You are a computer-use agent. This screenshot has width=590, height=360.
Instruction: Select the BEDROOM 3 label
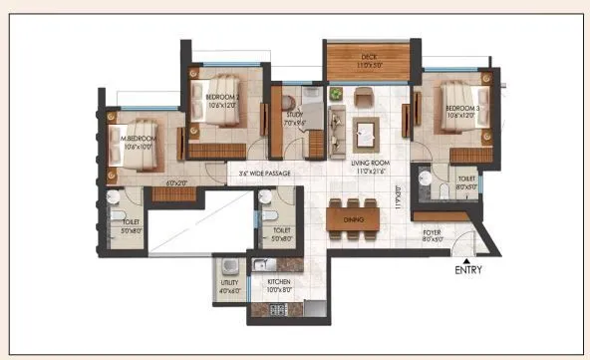(462, 108)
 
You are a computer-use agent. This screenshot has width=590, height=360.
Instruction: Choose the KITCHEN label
(278, 282)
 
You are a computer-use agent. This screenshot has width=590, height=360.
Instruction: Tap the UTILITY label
(229, 283)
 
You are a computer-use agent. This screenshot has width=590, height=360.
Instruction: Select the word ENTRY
(469, 270)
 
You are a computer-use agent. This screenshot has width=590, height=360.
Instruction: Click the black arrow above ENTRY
(469, 258)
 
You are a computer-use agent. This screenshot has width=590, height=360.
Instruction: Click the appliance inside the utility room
(229, 266)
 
